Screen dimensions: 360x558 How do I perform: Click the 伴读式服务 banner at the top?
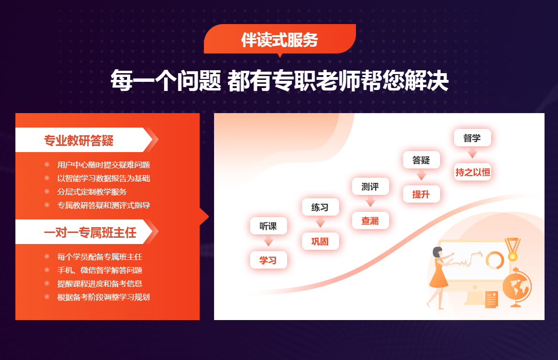279,39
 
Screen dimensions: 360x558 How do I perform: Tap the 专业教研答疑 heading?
79,140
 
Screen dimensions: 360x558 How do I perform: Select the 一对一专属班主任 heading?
90,233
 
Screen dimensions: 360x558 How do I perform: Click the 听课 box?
268,226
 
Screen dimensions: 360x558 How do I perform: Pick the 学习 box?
268,260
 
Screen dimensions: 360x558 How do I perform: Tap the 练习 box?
320,207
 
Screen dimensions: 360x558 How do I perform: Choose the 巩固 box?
320,241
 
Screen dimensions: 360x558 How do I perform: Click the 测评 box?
370,187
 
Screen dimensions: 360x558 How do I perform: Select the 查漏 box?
370,220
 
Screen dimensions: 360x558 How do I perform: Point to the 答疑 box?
421,160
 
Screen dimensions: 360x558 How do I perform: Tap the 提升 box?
421,194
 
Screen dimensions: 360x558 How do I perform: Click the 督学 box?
472,138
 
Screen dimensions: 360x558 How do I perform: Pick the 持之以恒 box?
472,172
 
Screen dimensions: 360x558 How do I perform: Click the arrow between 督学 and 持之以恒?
472,153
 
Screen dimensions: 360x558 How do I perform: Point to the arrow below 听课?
268,242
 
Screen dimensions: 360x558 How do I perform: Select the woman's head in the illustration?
437,253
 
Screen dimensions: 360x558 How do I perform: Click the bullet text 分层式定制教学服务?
92,192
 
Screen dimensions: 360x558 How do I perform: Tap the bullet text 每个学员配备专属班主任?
100,257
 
